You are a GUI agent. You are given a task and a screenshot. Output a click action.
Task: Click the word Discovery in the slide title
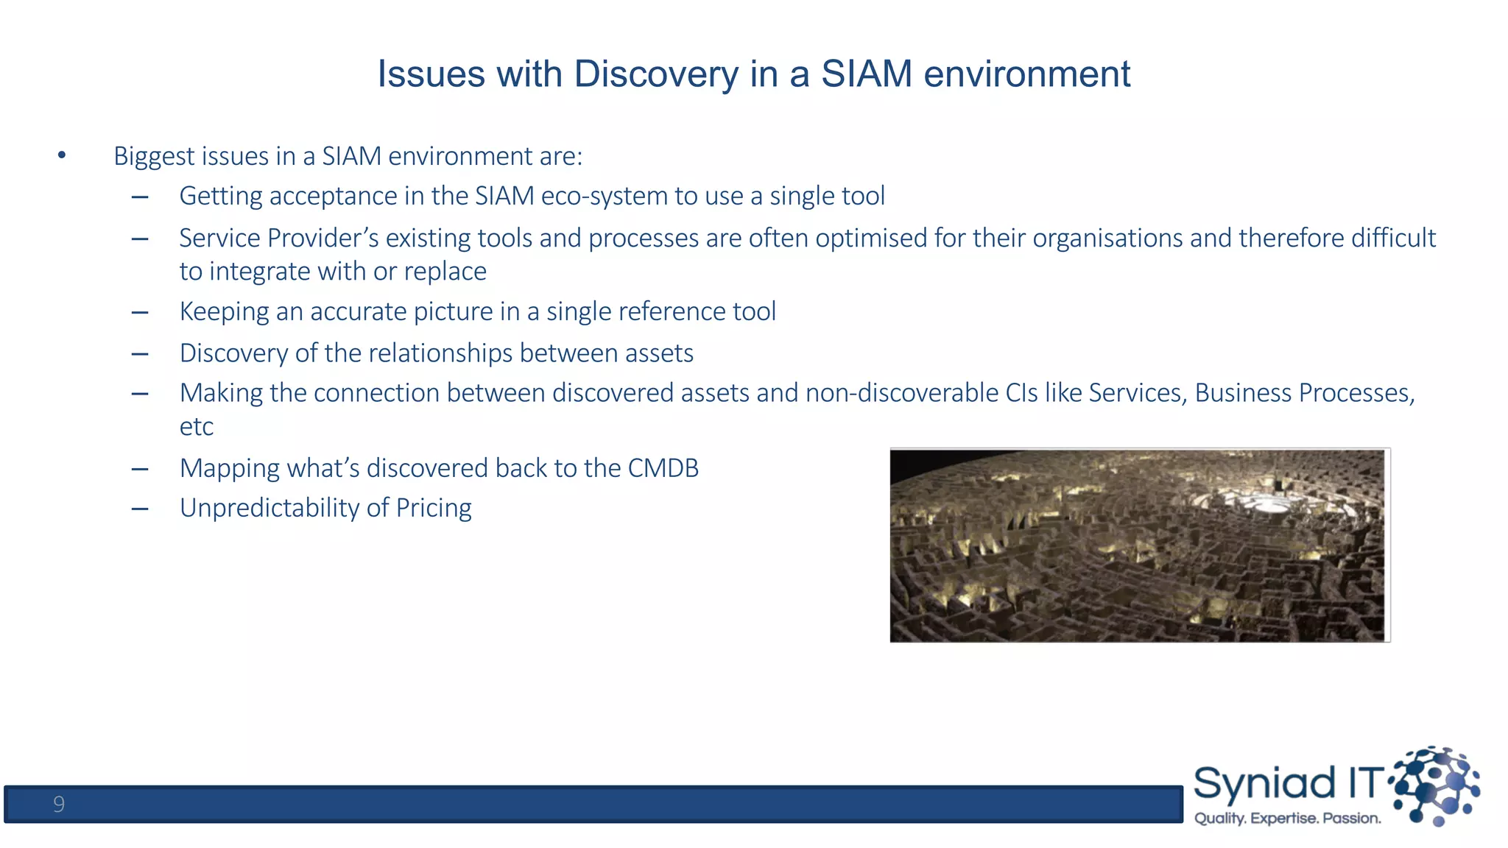coord(655,74)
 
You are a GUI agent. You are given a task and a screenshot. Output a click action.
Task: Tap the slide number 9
coord(59,804)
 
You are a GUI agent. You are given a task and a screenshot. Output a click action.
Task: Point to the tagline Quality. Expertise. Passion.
coord(1287,819)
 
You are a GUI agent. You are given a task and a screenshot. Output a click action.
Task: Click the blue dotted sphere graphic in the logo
coord(1436,785)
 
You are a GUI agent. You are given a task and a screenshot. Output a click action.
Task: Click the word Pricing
coord(433,509)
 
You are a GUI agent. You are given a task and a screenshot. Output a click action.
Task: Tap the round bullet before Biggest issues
coord(62,155)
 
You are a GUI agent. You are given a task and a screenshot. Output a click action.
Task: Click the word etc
coord(196,427)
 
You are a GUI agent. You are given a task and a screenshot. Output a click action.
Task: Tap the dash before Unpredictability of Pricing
coord(140,509)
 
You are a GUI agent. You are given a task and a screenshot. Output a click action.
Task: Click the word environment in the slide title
coord(1026,74)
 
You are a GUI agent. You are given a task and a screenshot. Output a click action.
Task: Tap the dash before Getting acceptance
coord(140,197)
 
